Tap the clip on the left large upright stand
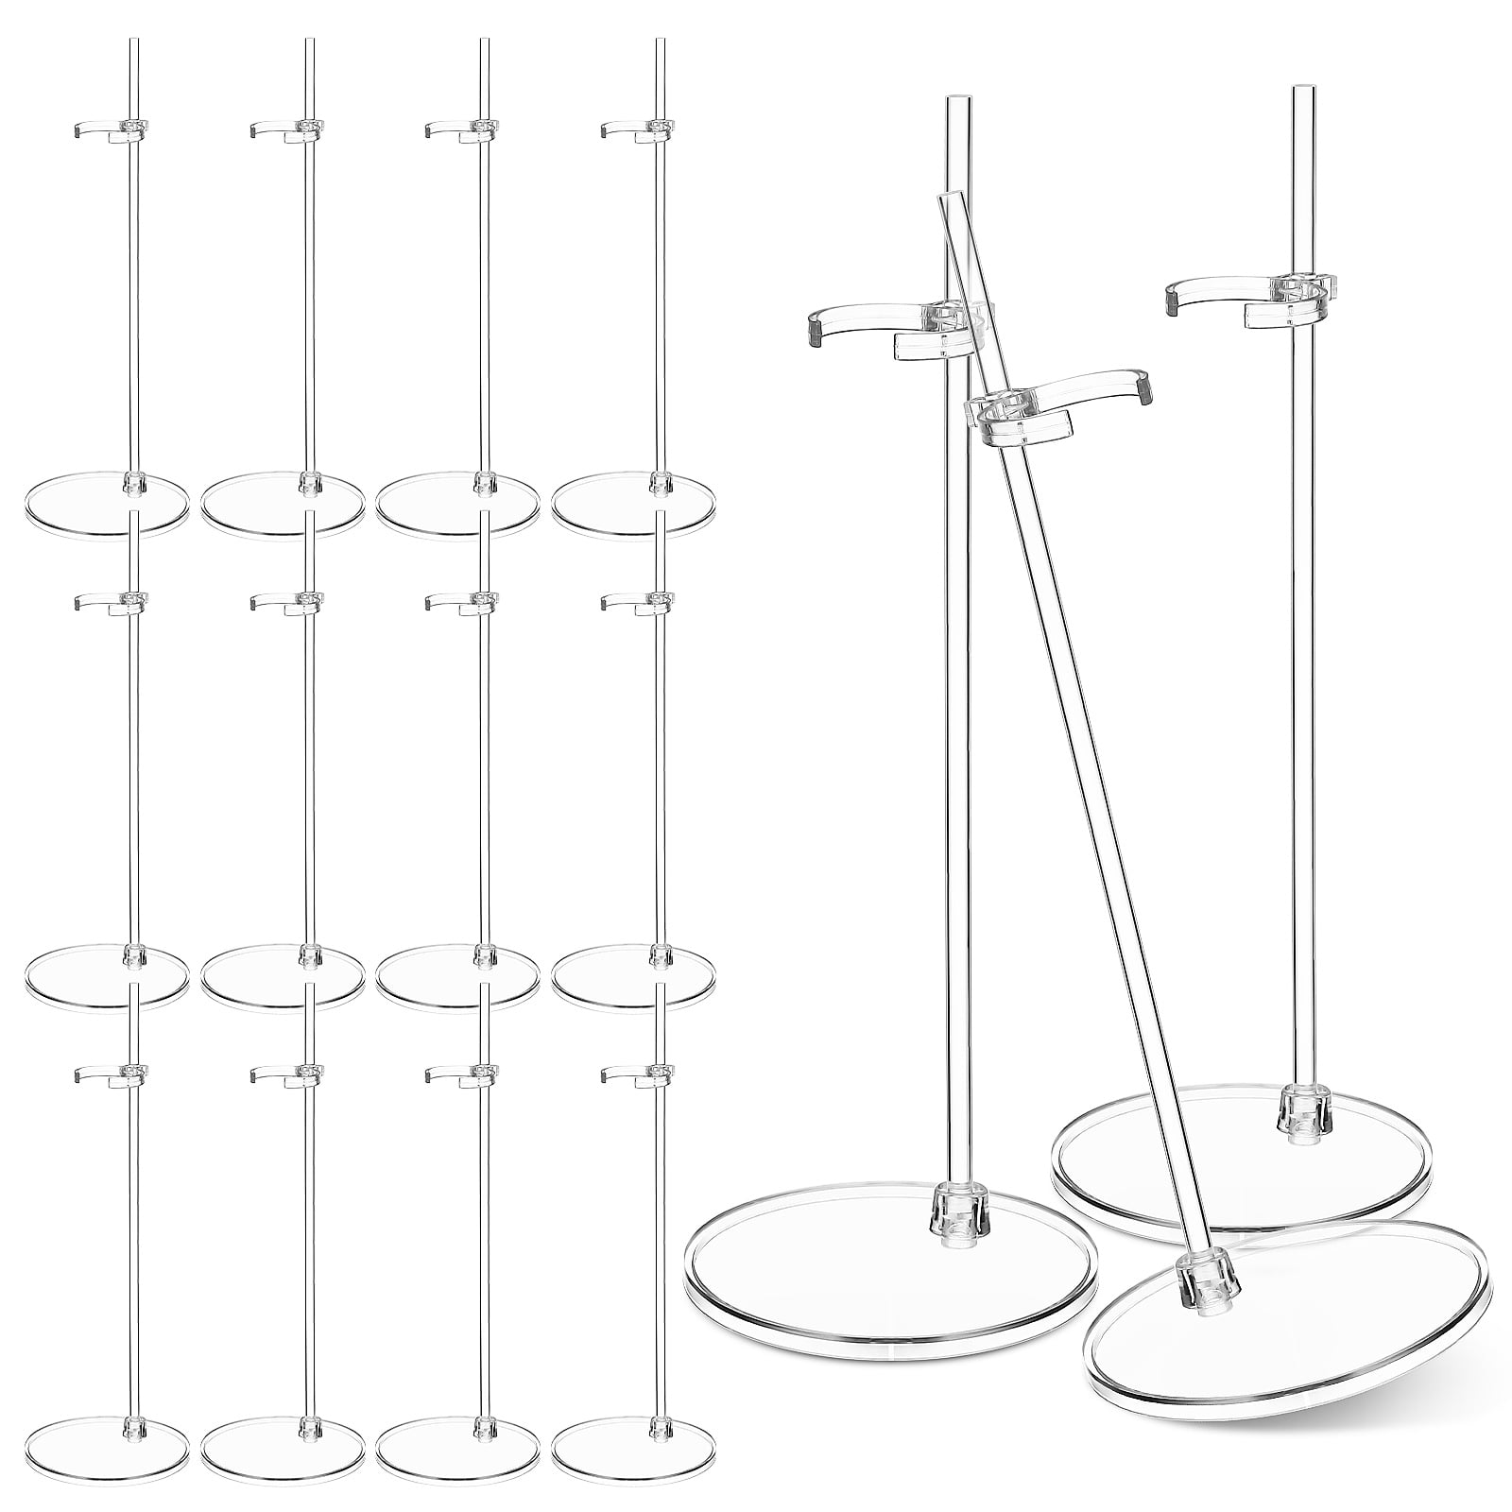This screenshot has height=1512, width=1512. click(x=888, y=331)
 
